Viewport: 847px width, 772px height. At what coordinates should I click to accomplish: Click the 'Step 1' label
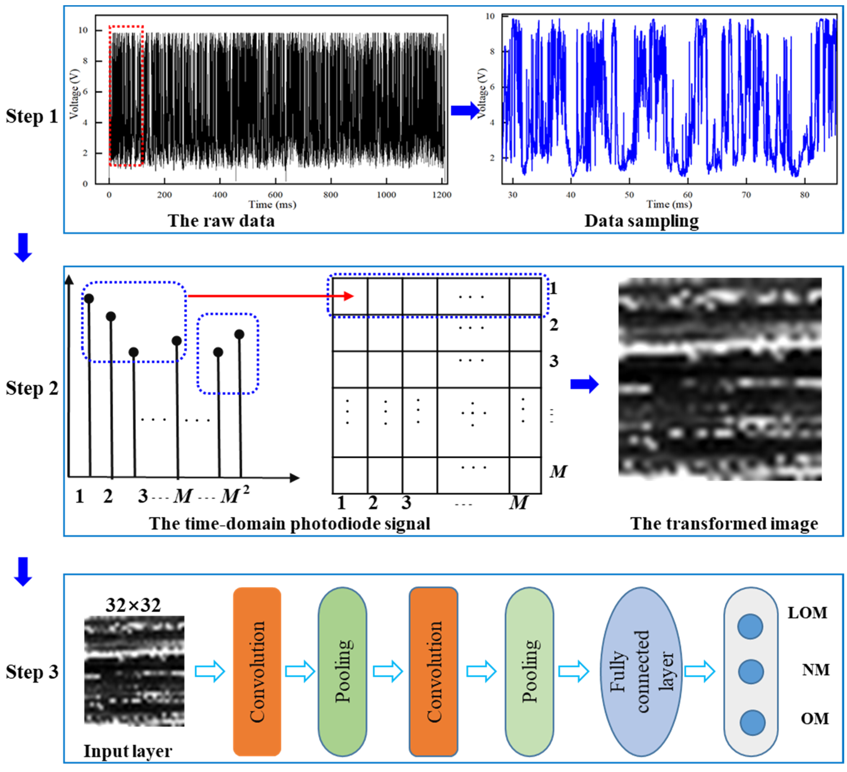point(31,116)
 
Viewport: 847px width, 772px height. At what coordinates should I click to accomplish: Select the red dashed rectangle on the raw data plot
point(126,96)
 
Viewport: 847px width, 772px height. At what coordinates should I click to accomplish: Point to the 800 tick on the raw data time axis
point(331,194)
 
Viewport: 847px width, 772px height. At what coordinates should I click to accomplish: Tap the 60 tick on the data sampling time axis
point(687,195)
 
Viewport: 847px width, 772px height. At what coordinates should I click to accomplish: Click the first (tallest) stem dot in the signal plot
point(89,299)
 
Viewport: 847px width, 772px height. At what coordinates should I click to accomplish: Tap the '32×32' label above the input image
point(133,605)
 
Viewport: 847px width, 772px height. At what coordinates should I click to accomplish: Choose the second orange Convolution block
point(434,671)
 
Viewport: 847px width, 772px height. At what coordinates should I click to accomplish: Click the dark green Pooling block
point(342,671)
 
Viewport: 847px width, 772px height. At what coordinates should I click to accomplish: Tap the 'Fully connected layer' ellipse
point(641,671)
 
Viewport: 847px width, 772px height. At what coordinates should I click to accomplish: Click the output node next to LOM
point(750,626)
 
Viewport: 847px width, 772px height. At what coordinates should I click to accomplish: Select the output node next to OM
point(752,722)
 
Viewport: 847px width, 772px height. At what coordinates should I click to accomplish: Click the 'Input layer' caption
point(128,751)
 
